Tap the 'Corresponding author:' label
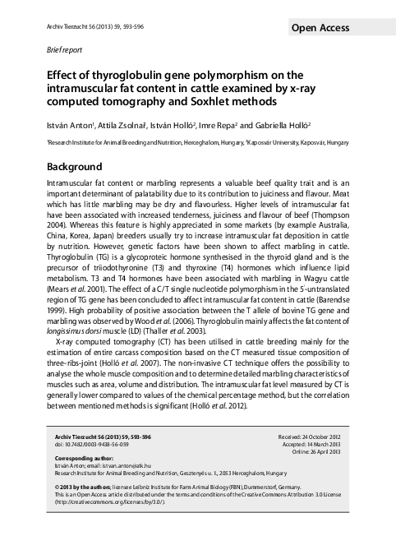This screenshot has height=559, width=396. point(83,457)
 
